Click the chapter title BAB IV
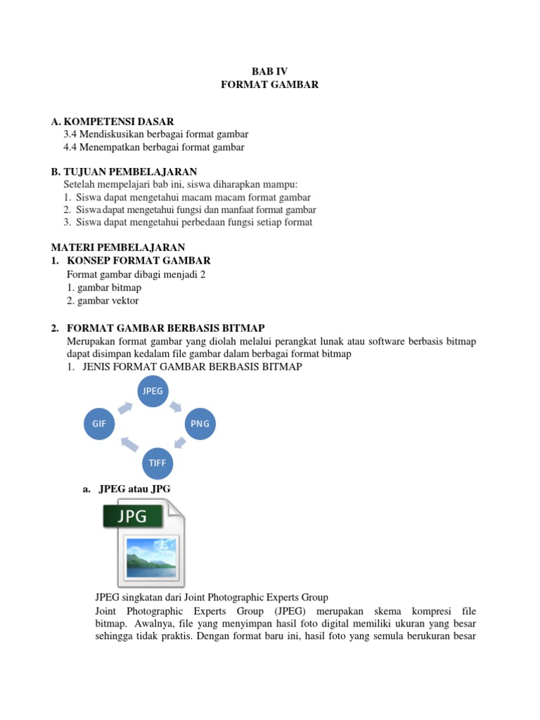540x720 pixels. (x=270, y=71)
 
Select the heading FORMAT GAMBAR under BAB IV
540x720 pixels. (x=270, y=84)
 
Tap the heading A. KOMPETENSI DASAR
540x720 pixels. (x=112, y=122)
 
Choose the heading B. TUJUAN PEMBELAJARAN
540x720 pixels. (x=124, y=172)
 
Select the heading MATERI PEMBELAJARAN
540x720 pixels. (x=118, y=247)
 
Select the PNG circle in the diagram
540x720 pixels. (x=202, y=425)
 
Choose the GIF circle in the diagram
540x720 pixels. (x=99, y=425)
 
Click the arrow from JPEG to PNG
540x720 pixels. (x=176, y=406)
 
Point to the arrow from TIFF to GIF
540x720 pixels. (x=129, y=444)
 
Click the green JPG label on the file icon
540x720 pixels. (x=134, y=517)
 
